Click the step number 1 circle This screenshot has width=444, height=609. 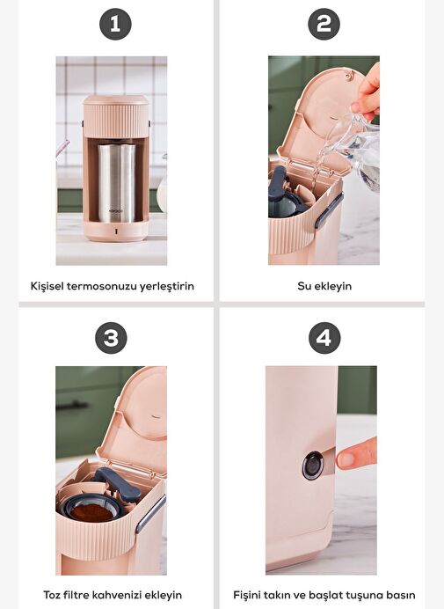point(115,24)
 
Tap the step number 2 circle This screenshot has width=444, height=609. point(324,24)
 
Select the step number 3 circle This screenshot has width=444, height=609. point(111,338)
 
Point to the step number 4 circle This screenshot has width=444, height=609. point(324,338)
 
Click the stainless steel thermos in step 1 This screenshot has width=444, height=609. point(116,183)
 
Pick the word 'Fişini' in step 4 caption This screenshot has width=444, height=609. point(246,595)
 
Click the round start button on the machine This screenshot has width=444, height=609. point(313,465)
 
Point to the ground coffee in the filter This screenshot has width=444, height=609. point(92,512)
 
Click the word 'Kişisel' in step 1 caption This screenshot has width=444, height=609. point(47,286)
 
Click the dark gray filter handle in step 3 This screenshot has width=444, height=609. point(117,482)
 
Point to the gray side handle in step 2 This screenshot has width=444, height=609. point(329,210)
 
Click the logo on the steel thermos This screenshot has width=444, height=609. point(116,211)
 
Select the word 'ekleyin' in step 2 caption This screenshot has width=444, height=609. point(332,286)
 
